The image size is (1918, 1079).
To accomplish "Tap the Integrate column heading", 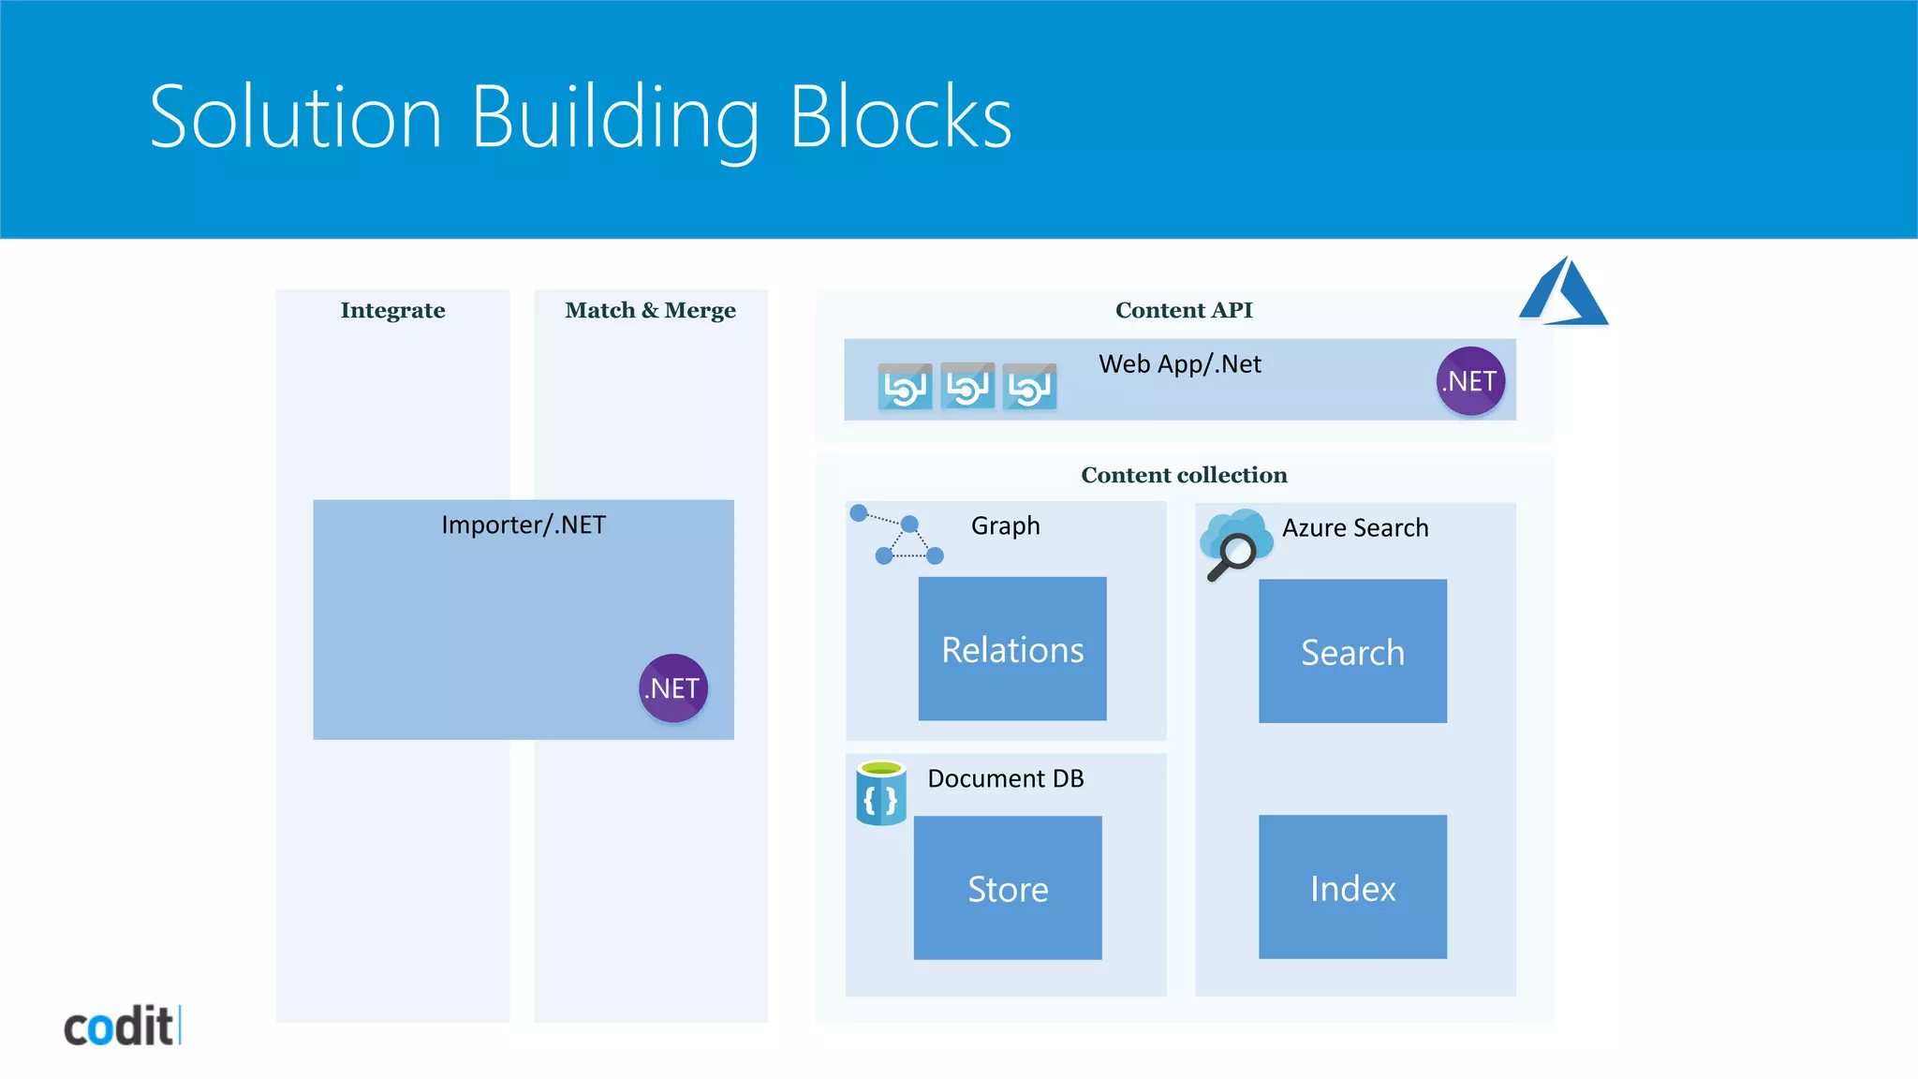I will coord(392,310).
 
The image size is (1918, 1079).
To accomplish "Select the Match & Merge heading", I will coord(650,310).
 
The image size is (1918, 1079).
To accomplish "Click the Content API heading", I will coord(1183,310).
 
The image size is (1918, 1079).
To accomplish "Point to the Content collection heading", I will coord(1184,475).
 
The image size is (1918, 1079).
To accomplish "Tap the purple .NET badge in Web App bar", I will coord(1470,381).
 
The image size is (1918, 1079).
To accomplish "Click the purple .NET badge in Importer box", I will coord(672,688).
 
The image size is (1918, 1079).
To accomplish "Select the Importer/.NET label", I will coord(524,525).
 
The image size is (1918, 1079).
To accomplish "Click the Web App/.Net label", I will coord(1179,363).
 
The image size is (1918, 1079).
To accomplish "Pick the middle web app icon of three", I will coord(967,386).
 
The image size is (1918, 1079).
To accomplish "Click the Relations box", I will coord(1012,649).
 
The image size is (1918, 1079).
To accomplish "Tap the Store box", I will coord(1008,888).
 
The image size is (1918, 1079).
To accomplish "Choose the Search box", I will coord(1352,651).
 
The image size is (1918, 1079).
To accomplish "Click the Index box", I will coord(1352,887).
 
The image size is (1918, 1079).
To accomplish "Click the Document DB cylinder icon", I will coord(881,793).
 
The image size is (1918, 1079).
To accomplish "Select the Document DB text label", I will coord(1005,778).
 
